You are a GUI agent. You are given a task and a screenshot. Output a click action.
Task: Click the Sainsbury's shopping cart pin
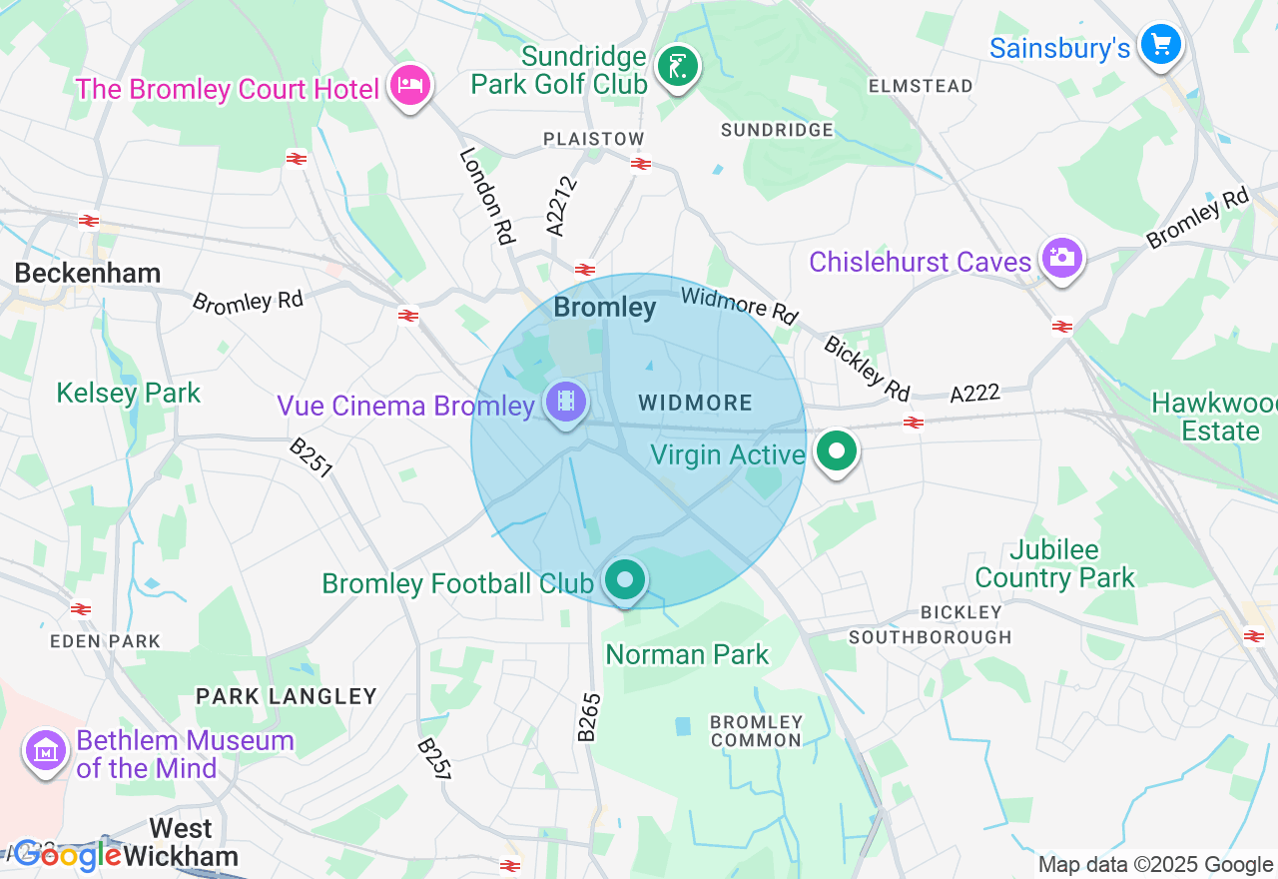pos(1160,44)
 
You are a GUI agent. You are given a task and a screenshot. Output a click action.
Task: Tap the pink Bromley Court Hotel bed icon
pos(409,85)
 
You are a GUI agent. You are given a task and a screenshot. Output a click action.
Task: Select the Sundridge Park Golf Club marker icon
pos(678,68)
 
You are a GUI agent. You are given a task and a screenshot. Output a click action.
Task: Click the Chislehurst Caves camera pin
pos(1060,259)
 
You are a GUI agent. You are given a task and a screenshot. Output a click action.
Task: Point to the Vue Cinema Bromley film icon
pos(566,403)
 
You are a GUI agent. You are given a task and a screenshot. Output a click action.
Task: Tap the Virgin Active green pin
pos(836,451)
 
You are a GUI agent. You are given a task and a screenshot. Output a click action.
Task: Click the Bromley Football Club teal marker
pos(625,579)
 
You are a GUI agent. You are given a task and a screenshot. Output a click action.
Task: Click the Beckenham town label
pos(87,273)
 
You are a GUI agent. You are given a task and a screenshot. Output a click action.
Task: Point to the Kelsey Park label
pos(128,393)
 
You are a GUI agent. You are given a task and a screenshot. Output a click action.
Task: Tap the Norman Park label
pos(687,654)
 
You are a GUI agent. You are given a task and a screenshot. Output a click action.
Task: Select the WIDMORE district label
pos(695,403)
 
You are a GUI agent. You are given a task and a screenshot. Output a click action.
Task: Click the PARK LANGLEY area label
pos(286,696)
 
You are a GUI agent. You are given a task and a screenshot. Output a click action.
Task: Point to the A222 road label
pos(974,394)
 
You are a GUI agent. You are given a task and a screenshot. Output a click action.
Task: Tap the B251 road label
pos(311,457)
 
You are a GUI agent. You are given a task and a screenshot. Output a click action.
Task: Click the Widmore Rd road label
pos(739,305)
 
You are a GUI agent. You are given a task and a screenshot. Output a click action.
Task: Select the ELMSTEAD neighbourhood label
pos(920,86)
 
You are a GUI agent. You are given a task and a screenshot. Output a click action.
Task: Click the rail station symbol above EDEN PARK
pos(81,608)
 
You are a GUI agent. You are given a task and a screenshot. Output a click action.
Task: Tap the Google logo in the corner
pos(68,855)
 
